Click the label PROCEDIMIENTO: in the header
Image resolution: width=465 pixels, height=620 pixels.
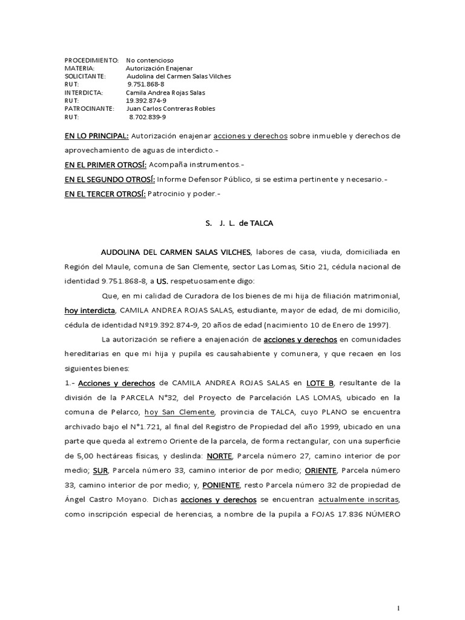[91, 61]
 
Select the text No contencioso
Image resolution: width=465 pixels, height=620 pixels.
[150, 61]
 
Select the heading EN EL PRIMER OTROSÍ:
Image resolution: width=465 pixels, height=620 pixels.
[102, 165]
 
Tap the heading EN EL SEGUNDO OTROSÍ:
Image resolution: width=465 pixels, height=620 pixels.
[110, 179]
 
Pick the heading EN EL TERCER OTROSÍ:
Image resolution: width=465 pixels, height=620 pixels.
[101, 194]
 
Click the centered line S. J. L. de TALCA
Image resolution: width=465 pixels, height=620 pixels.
[239, 223]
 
